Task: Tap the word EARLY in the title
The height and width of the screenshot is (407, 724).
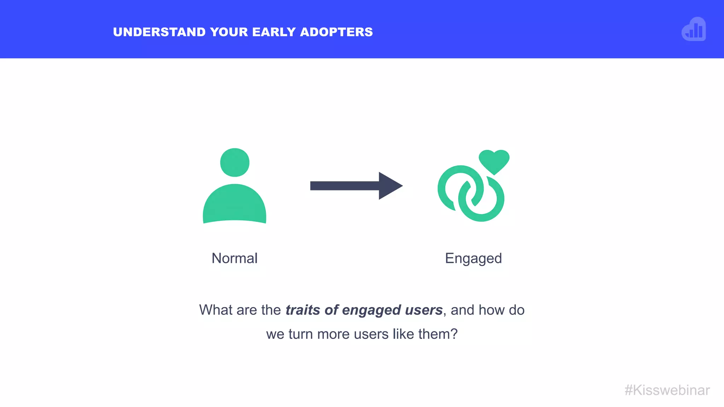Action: pyautogui.click(x=274, y=32)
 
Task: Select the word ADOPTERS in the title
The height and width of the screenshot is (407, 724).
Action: pyautogui.click(x=336, y=32)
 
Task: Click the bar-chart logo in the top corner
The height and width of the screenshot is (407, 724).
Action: pyautogui.click(x=694, y=30)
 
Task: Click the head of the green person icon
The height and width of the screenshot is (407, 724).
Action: pyautogui.click(x=235, y=163)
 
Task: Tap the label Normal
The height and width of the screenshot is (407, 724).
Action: pyautogui.click(x=234, y=258)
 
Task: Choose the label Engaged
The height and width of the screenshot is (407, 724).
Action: pyautogui.click(x=473, y=258)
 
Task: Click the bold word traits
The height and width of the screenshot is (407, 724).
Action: pyautogui.click(x=303, y=310)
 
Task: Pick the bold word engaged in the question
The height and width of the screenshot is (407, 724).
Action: pyautogui.click(x=371, y=310)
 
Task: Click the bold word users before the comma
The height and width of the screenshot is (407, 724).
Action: pyautogui.click(x=424, y=310)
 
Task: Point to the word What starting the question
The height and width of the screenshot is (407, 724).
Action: pyautogui.click(x=216, y=310)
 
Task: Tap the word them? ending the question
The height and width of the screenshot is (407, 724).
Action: pyautogui.click(x=438, y=334)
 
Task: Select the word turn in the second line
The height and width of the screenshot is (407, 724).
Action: pyautogui.click(x=301, y=334)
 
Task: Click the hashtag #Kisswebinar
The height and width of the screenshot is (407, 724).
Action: pyautogui.click(x=667, y=390)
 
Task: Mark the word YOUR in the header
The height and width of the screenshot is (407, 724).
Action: pyautogui.click(x=229, y=32)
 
